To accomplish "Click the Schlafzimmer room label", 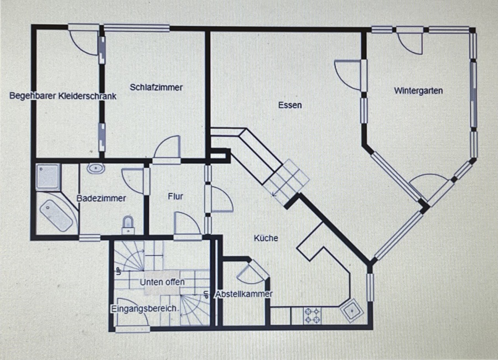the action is pyautogui.click(x=156, y=87).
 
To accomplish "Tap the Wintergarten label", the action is pyautogui.click(x=418, y=91).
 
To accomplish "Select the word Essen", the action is pyautogui.click(x=290, y=105).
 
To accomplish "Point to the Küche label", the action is pyautogui.click(x=266, y=238).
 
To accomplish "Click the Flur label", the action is pyautogui.click(x=175, y=196).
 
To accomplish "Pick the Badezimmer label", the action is pyautogui.click(x=101, y=199).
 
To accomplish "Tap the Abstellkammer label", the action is pyautogui.click(x=244, y=294).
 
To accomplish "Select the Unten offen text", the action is pyautogui.click(x=162, y=282).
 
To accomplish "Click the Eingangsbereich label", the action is pyautogui.click(x=143, y=309).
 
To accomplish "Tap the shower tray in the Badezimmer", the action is pyautogui.click(x=48, y=177).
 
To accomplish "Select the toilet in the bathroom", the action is pyautogui.click(x=128, y=225).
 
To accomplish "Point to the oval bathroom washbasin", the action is pyautogui.click(x=96, y=168).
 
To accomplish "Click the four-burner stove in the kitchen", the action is pyautogui.click(x=312, y=316).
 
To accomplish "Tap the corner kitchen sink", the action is pyautogui.click(x=351, y=310).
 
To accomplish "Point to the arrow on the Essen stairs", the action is pyautogui.click(x=279, y=187).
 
